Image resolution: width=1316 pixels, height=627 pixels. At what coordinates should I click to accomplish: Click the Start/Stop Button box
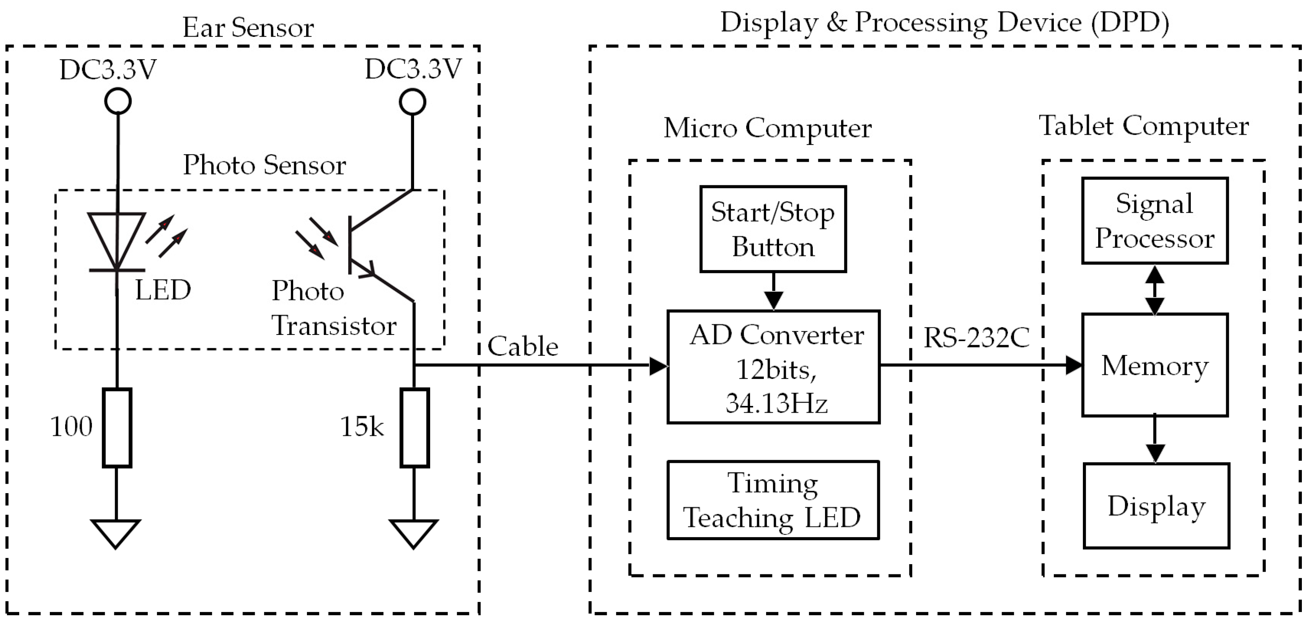coord(772,229)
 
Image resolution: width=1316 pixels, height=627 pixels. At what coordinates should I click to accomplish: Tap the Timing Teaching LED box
coord(773,500)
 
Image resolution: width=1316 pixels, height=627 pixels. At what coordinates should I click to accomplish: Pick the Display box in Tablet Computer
coord(1155,506)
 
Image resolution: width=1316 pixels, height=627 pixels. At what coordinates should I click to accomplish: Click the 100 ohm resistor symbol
coord(117,428)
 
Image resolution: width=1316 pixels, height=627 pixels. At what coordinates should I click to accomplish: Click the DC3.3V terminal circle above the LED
coord(118,101)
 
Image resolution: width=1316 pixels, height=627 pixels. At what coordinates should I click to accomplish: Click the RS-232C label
coord(976,338)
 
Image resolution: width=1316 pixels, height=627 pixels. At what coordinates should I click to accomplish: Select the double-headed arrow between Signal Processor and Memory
coord(1155,289)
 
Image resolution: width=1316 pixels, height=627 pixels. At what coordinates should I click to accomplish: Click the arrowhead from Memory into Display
coord(1155,453)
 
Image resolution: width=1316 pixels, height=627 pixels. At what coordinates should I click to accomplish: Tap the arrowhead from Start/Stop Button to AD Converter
coord(774,300)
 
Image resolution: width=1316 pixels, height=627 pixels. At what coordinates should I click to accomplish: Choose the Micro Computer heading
coord(767,128)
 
